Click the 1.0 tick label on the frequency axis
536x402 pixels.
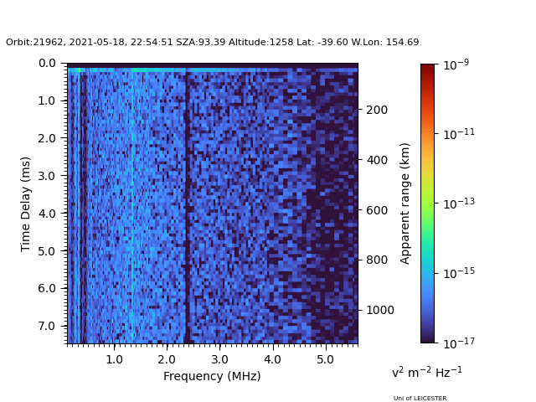coord(114,359)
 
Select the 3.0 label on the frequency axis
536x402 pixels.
coord(219,359)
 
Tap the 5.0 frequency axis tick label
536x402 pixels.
coord(325,359)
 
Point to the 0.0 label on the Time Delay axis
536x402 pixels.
coord(47,64)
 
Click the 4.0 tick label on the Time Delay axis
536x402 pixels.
coord(47,214)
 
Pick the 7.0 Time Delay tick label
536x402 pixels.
coord(47,326)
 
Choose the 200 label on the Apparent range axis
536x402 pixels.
coord(377,110)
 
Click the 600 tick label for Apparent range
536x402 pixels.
coord(377,210)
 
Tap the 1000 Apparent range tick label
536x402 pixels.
coord(380,310)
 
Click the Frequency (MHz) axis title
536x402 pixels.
coord(212,376)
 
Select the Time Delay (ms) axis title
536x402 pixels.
coord(25,204)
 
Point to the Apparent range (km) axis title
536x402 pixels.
coord(405,204)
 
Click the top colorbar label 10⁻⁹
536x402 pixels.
coord(456,64)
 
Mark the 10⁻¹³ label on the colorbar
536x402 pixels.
coord(459,204)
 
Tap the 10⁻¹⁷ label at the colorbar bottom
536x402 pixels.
coord(459,343)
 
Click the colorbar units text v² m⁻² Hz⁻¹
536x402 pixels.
coord(427,372)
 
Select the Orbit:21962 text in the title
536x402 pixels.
coord(35,43)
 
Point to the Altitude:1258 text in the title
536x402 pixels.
coord(260,43)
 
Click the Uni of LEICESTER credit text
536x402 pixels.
coord(420,399)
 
